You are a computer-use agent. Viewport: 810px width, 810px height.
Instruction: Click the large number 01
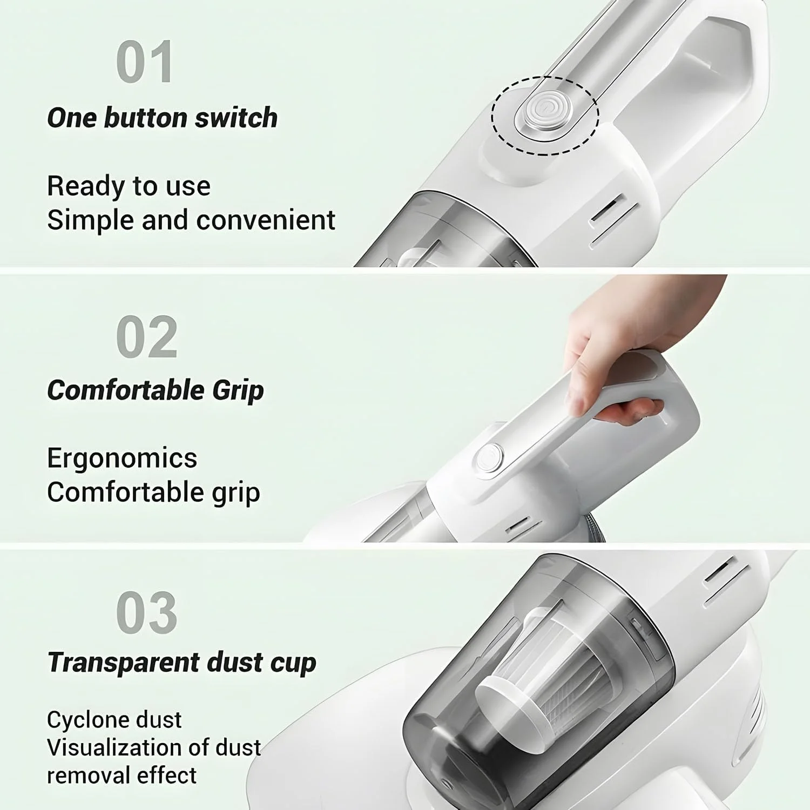[145, 62]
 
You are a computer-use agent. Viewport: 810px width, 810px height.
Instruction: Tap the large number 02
[147, 337]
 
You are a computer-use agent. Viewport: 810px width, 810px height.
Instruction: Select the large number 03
[147, 612]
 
